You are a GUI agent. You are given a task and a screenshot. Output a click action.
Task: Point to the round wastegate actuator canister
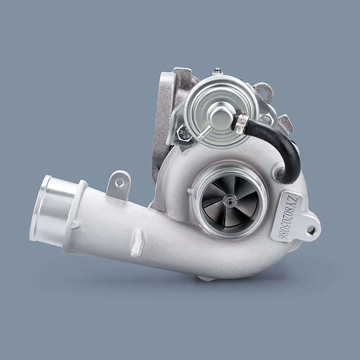click(215, 111)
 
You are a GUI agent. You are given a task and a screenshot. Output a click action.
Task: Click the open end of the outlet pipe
click(41, 208)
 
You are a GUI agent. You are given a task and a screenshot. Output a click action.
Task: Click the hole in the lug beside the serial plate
click(311, 229)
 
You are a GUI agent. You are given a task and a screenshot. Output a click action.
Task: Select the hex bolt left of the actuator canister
click(184, 133)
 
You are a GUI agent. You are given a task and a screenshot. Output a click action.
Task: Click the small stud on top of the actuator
click(218, 70)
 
